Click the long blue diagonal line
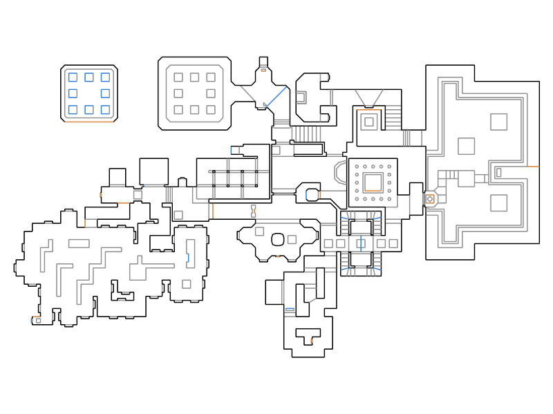(x=277, y=96)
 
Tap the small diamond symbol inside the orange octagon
(x=430, y=199)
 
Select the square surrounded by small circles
(x=373, y=182)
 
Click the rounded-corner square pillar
(x=278, y=240)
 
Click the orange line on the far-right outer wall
(x=533, y=167)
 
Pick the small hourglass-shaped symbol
(x=254, y=211)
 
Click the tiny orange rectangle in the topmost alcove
(x=263, y=70)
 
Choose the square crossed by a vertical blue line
(x=360, y=243)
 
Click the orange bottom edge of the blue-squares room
(x=88, y=122)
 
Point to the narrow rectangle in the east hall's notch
(x=499, y=172)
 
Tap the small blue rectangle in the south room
(x=290, y=309)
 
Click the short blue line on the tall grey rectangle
(x=187, y=258)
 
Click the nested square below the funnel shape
(x=369, y=122)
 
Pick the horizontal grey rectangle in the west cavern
(x=79, y=243)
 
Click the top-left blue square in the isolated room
(x=73, y=77)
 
